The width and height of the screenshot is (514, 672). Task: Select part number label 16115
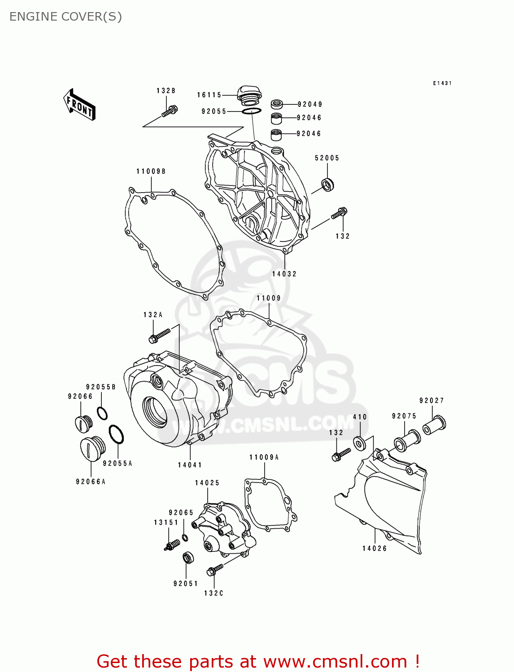[209, 95]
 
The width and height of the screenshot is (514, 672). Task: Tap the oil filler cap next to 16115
[249, 95]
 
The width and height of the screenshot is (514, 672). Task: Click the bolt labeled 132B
[170, 110]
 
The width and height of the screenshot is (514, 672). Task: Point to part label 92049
[310, 104]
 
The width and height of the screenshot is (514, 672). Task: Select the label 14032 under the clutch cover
[284, 274]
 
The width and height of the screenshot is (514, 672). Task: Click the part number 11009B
[151, 171]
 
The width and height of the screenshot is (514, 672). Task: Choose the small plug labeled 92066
[83, 423]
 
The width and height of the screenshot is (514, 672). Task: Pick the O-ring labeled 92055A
[116, 434]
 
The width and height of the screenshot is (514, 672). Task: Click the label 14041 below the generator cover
[190, 465]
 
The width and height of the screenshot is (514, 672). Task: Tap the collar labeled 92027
[434, 424]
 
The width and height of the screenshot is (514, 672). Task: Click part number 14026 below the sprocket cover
[375, 548]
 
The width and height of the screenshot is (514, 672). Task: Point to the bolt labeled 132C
[215, 570]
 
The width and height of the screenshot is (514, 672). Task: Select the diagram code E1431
[442, 83]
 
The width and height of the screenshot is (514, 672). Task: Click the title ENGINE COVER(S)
[65, 17]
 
